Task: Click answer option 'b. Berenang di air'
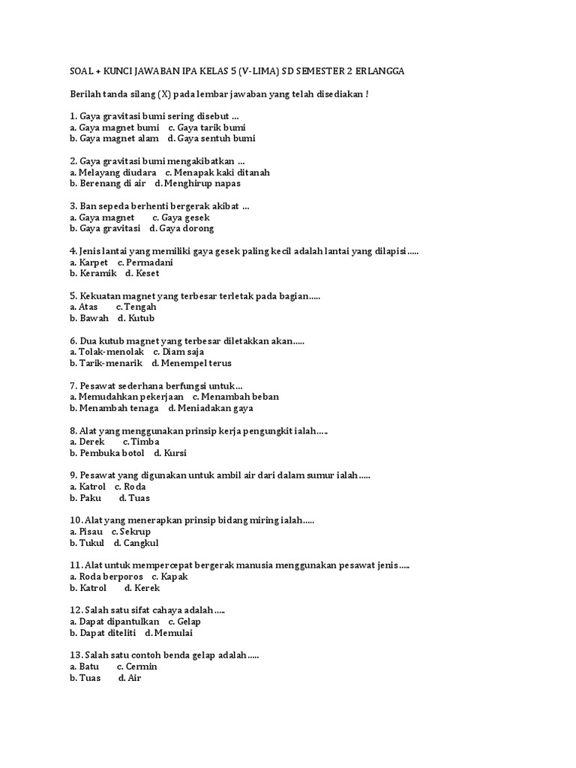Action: point(108,183)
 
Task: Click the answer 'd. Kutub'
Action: point(136,318)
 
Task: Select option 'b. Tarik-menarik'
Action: point(106,363)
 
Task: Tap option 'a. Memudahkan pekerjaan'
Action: point(127,397)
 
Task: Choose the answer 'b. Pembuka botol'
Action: point(107,453)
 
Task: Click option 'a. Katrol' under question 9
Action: point(88,487)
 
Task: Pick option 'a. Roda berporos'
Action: point(106,577)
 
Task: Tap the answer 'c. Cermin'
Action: point(136,666)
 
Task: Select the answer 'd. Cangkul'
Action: point(136,543)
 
